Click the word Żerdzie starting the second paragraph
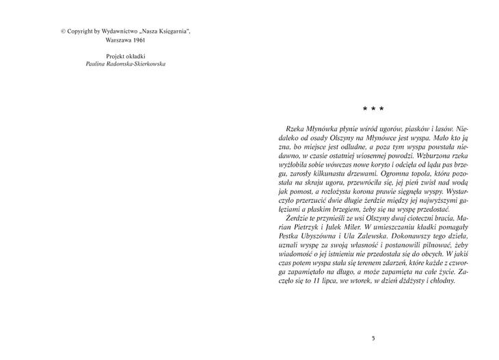[300, 217]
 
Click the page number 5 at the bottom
[373, 337]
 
